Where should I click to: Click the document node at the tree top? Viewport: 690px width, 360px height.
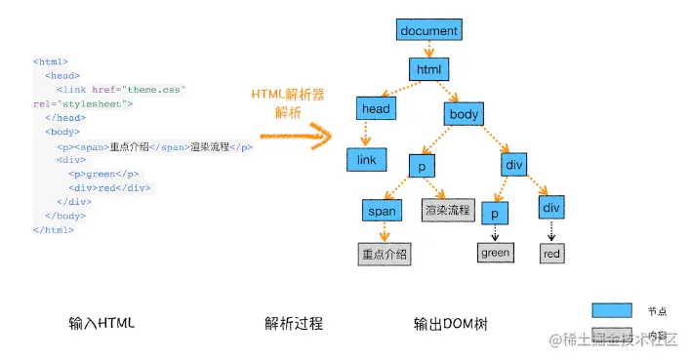[x=428, y=29]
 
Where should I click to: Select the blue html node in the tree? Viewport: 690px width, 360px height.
[x=428, y=70]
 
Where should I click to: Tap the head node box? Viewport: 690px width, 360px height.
[x=376, y=110]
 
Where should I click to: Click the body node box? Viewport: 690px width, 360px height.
[x=465, y=114]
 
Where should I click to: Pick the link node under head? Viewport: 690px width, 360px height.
[x=367, y=158]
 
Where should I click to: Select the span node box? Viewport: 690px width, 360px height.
[x=383, y=210]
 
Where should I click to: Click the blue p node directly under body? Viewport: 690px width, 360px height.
[x=422, y=167]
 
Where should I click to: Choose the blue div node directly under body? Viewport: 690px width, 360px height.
[x=514, y=165]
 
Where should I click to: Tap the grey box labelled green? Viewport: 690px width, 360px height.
[x=495, y=254]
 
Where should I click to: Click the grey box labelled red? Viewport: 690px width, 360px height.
[x=552, y=254]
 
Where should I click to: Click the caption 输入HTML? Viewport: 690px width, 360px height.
[x=101, y=323]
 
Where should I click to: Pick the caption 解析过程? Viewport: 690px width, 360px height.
[x=293, y=323]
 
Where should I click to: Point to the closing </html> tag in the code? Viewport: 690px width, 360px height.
[x=54, y=229]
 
